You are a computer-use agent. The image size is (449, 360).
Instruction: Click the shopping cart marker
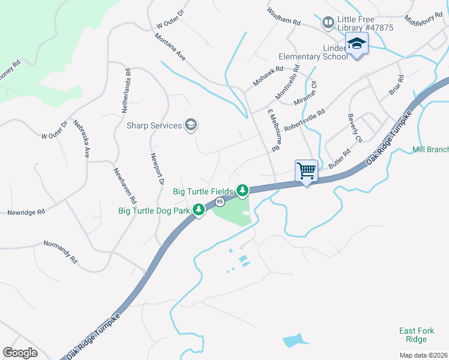(x=307, y=171)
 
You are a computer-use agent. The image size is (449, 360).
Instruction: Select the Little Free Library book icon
(x=328, y=23)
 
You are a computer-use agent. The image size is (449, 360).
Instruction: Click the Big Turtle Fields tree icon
(x=243, y=191)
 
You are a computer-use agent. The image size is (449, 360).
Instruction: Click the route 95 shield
(x=220, y=203)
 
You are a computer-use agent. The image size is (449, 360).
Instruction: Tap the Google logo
(x=20, y=353)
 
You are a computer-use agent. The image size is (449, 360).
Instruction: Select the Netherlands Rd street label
(x=126, y=91)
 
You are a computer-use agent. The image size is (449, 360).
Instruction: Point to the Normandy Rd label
(x=61, y=252)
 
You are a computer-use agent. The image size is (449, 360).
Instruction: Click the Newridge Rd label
(x=26, y=212)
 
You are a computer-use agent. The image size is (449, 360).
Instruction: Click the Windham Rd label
(x=283, y=16)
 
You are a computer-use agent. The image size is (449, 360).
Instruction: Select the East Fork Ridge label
(x=414, y=335)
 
